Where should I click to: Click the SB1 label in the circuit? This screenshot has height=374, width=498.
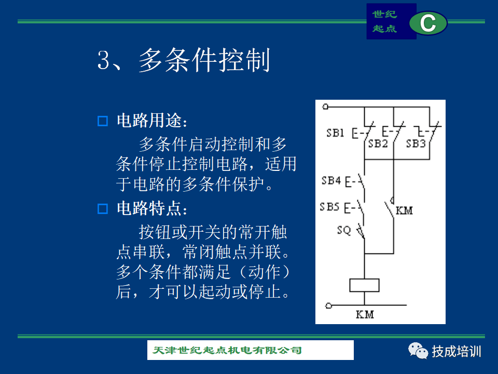(x=336, y=132)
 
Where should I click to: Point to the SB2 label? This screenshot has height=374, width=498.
(x=378, y=144)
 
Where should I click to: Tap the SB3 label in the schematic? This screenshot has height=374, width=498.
(x=416, y=144)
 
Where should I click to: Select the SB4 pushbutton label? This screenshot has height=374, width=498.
(x=331, y=181)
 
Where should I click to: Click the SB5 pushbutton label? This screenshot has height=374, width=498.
(x=330, y=207)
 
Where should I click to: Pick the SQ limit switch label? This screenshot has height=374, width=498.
(x=344, y=230)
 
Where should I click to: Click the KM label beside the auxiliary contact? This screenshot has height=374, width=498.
(x=404, y=210)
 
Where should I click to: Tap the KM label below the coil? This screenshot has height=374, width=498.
(x=365, y=315)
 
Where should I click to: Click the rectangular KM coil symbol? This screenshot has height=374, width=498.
(x=364, y=285)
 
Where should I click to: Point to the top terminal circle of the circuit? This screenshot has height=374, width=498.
(x=325, y=106)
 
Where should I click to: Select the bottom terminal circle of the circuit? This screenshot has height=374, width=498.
(x=329, y=305)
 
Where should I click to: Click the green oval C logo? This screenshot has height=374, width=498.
(x=428, y=23)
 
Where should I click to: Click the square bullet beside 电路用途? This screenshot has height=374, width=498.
(x=103, y=121)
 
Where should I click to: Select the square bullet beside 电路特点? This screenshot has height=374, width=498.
(x=103, y=209)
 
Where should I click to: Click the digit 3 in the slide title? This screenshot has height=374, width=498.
(x=104, y=60)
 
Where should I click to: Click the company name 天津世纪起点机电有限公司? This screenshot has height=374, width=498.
(x=227, y=350)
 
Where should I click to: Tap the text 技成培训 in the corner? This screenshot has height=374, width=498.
(x=457, y=352)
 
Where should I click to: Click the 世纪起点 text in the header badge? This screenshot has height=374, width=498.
(x=384, y=21)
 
